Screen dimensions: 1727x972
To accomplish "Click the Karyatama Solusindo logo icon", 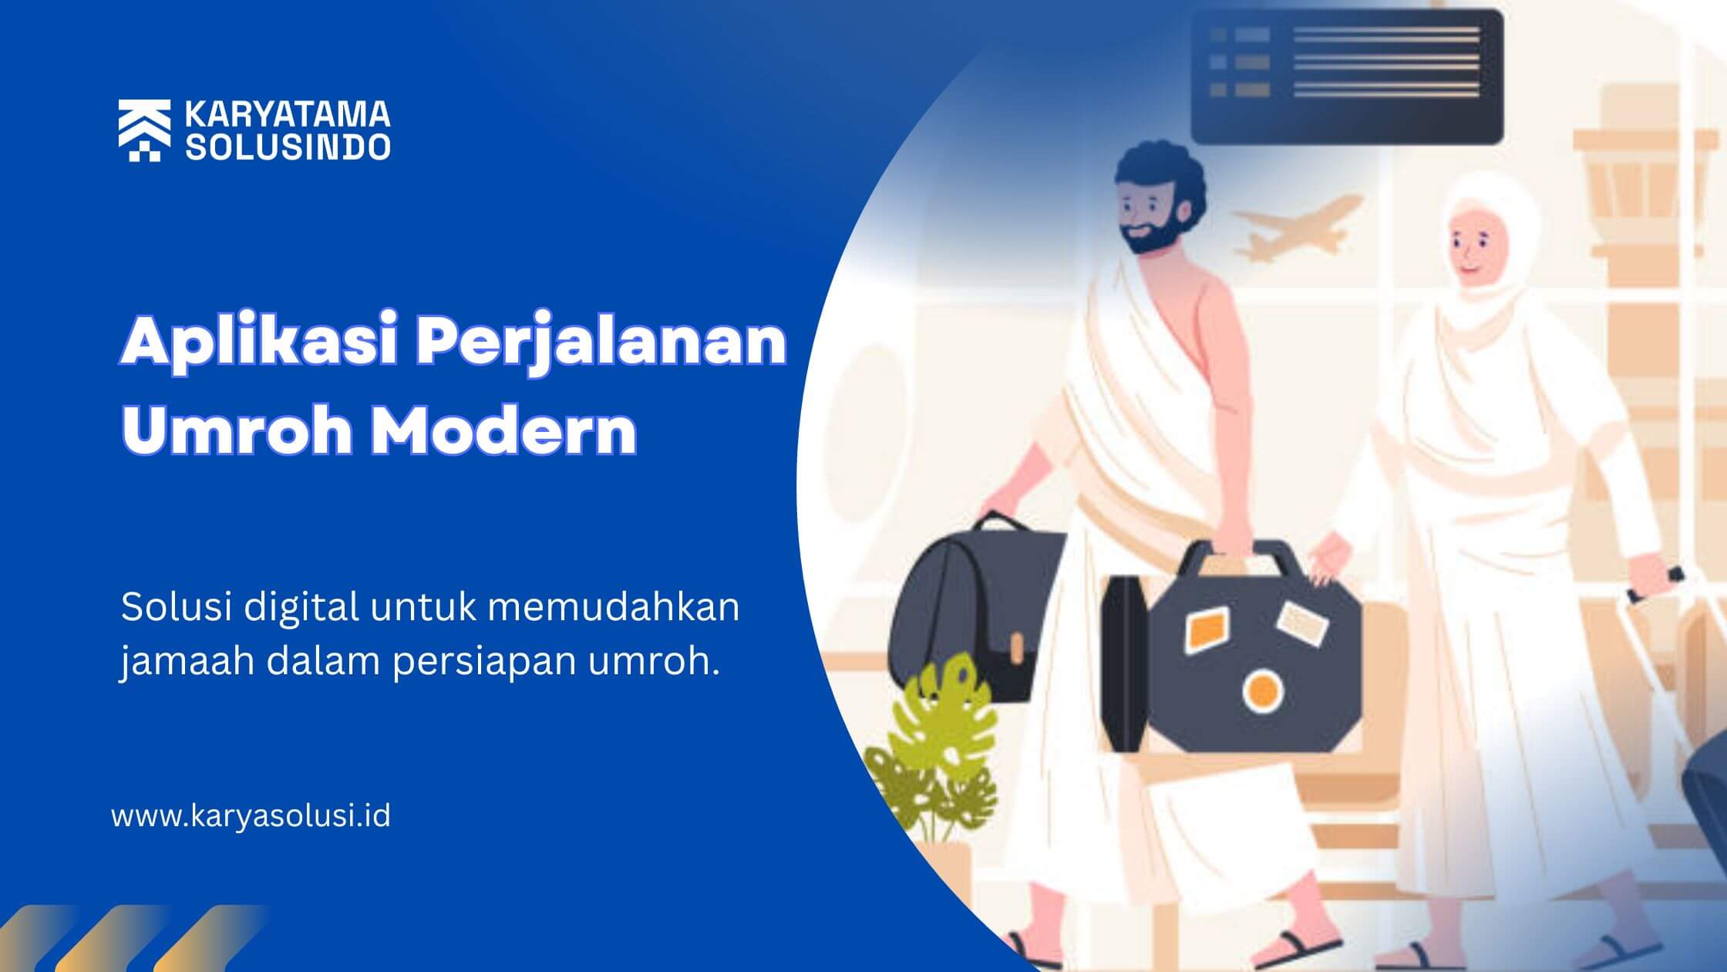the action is point(144,130).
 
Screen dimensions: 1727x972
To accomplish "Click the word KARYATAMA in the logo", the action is point(288,115).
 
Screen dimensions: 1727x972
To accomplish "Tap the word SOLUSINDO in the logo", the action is point(288,147).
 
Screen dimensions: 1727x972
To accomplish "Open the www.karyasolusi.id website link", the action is point(251,816).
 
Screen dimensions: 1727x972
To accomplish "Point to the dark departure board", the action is point(1347,76).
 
